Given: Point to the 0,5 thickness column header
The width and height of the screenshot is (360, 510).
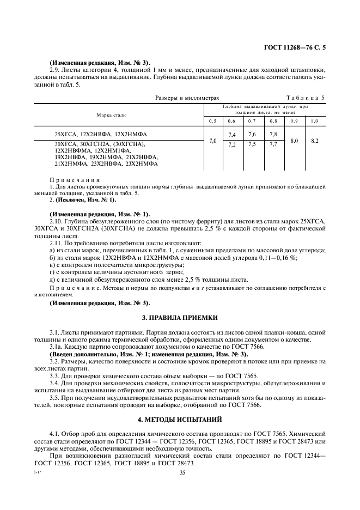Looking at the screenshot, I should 212,120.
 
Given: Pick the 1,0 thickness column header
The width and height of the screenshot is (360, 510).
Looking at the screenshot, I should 314,120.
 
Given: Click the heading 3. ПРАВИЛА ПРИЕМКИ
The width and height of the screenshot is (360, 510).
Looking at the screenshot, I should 180,317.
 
